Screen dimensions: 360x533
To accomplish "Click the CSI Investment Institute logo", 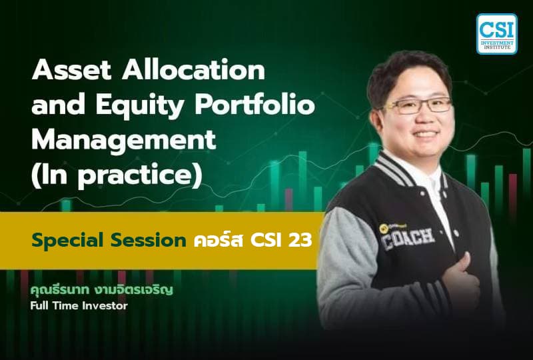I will click(x=496, y=33).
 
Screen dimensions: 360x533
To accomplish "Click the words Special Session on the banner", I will click(x=107, y=240).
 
